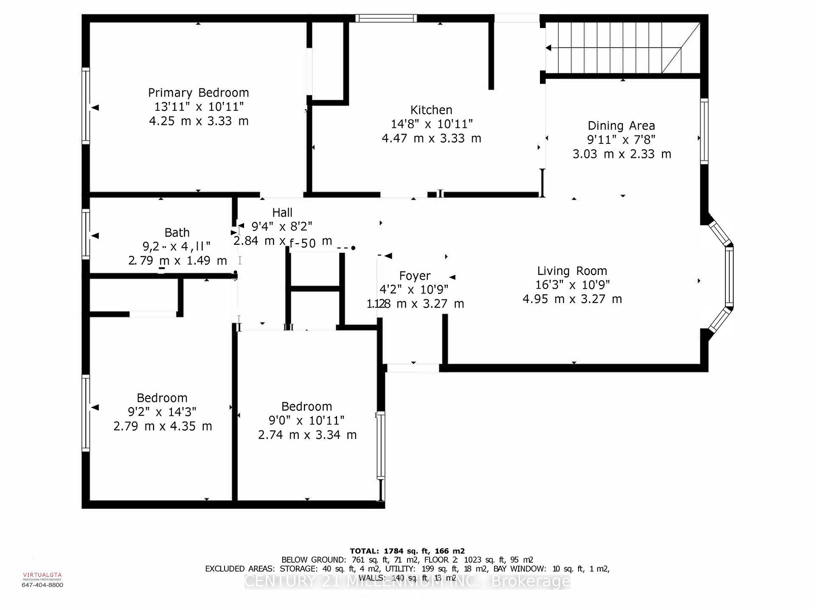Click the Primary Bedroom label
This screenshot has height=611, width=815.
tap(198, 92)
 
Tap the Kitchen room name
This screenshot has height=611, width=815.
tap(431, 110)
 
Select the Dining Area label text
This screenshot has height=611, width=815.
tap(621, 126)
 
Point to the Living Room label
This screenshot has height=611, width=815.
tap(572, 271)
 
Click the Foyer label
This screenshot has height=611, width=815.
tap(415, 276)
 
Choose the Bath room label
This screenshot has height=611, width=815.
tap(177, 233)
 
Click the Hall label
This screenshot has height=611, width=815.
tap(282, 212)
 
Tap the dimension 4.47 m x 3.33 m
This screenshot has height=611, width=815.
tap(431, 138)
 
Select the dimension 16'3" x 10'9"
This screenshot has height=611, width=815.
tap(572, 285)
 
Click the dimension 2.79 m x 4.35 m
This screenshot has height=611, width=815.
tap(163, 426)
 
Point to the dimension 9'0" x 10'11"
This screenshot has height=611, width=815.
tap(306, 420)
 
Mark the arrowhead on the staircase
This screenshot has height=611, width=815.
tap(548, 48)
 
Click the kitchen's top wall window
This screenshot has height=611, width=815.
tap(385, 18)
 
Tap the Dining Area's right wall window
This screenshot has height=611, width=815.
tap(704, 131)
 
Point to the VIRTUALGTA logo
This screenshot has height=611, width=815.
tap(42, 575)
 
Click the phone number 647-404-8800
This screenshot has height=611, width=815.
tap(42, 585)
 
